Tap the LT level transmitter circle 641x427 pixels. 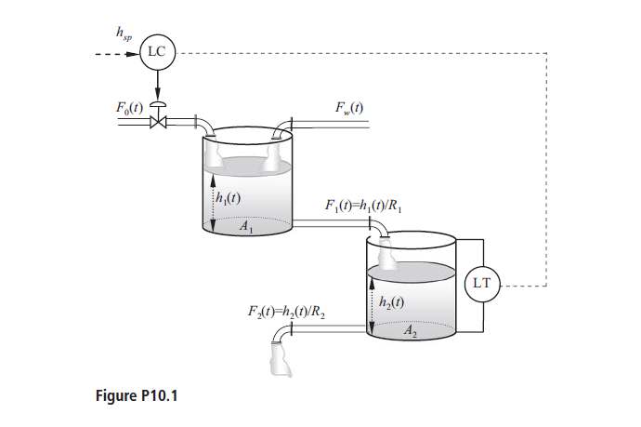click(482, 280)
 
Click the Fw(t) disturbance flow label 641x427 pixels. click(348, 108)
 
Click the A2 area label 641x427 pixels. click(411, 329)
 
